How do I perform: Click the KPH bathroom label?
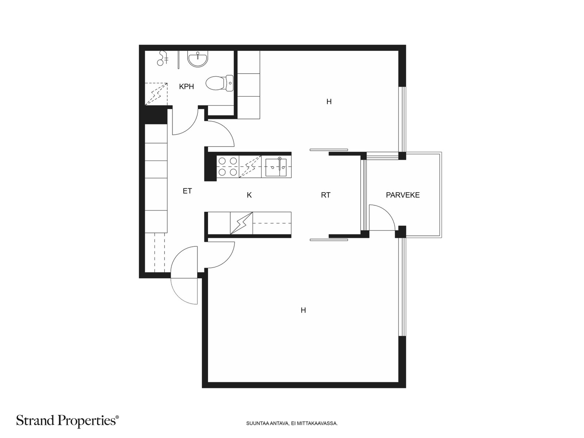(x=186, y=87)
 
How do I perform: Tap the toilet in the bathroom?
(x=219, y=83)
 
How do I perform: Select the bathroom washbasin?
(x=198, y=59)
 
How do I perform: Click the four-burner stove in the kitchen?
(x=228, y=167)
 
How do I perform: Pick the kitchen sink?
(x=276, y=167)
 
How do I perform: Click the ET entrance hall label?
(x=187, y=191)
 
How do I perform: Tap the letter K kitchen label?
(x=249, y=195)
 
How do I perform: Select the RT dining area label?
(x=326, y=195)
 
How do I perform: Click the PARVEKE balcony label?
(x=403, y=195)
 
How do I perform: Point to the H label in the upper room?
(x=329, y=101)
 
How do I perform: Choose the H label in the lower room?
(x=303, y=310)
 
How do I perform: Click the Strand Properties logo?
(x=68, y=420)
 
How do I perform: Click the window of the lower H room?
(x=403, y=287)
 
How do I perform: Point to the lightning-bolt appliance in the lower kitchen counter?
(x=241, y=223)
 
